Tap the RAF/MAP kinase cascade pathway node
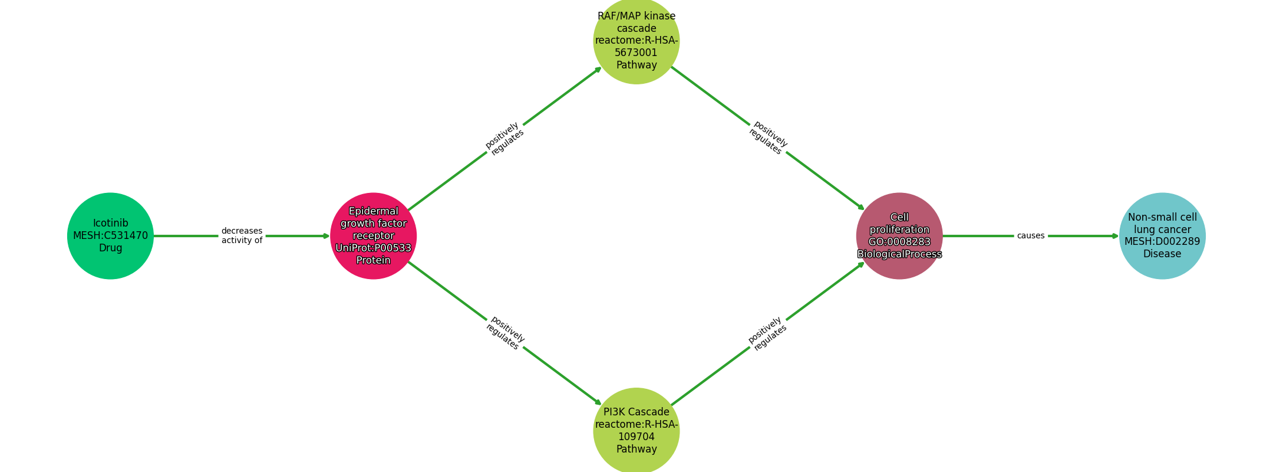[636, 40]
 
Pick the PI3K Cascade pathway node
[636, 431]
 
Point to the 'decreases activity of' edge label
[242, 235]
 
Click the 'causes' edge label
[1030, 236]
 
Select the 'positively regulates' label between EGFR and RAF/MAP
[504, 139]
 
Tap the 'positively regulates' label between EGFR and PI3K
[505, 333]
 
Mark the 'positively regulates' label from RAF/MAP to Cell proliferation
[768, 138]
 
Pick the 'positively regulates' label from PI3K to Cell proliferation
[767, 334]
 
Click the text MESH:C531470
[110, 235]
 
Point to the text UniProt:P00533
[373, 248]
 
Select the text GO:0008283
[899, 242]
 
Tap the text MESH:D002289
[1162, 241]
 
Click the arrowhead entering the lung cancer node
[1115, 236]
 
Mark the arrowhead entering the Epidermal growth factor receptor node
[326, 236]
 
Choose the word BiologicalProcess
[899, 254]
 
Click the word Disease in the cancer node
[1162, 254]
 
